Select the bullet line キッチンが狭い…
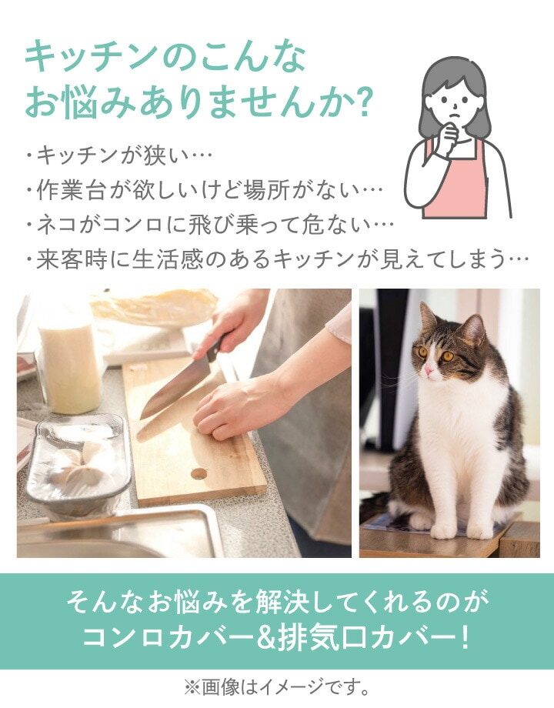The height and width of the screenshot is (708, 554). click(118, 155)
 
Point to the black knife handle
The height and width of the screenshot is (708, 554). click(215, 348)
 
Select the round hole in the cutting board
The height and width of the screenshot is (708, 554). click(199, 473)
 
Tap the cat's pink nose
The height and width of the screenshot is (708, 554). click(429, 370)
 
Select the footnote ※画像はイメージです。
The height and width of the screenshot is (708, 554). click(277, 687)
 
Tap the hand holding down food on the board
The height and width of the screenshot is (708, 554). click(235, 409)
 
